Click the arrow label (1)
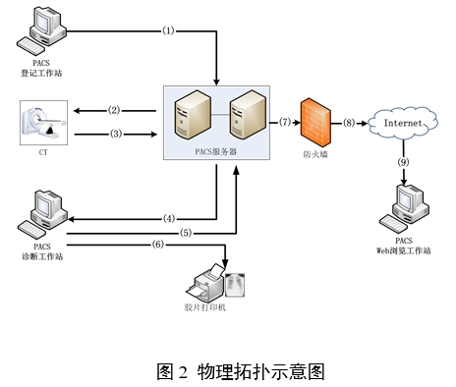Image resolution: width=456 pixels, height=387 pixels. (167, 30)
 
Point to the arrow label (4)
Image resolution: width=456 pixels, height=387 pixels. (168, 218)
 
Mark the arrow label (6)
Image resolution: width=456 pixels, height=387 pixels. (157, 245)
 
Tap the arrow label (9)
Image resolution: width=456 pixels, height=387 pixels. (403, 161)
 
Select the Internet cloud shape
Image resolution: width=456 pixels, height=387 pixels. (403, 123)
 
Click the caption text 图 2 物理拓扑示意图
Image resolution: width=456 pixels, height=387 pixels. (240, 370)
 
